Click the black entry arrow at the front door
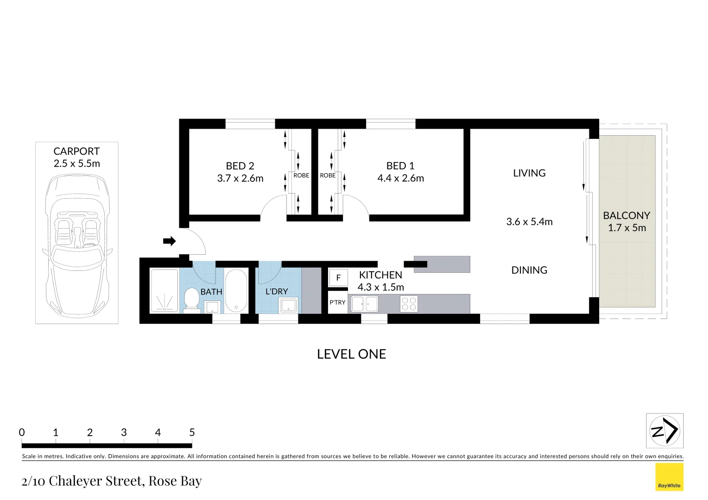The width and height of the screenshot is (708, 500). click(169, 241)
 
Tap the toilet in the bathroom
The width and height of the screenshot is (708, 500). click(191, 300)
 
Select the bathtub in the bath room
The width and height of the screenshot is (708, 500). click(236, 291)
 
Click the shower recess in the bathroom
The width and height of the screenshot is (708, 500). click(164, 290)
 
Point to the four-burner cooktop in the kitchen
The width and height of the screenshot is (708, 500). click(409, 304)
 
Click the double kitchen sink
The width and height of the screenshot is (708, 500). click(365, 304)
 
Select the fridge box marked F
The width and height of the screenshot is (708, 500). click(338, 278)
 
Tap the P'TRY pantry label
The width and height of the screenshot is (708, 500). click(337, 302)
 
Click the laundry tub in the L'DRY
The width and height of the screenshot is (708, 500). click(288, 305)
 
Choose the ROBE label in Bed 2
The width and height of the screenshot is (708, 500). click(301, 175)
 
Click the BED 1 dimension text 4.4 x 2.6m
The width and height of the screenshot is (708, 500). click(400, 178)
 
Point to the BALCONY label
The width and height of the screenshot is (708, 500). click(626, 216)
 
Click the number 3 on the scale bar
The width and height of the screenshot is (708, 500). click(124, 432)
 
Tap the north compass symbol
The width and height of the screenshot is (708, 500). click(664, 431)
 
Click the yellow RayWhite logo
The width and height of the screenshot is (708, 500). click(669, 477)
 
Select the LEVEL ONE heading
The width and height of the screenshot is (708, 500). click(351, 354)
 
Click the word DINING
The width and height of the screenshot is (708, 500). click(529, 270)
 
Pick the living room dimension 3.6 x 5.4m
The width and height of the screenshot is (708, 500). click(529, 222)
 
